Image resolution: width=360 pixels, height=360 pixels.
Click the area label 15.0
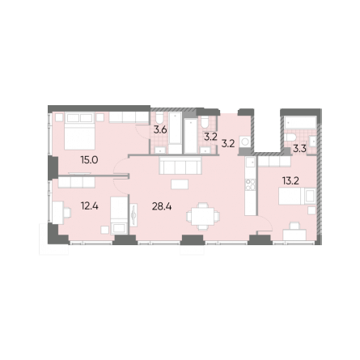(x=89, y=160)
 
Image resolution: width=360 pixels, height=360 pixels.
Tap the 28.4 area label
(x=162, y=206)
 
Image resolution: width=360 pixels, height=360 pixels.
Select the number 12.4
(x=89, y=206)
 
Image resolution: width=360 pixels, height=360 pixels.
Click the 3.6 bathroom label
(x=160, y=130)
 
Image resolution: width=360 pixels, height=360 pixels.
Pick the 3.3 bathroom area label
(x=299, y=149)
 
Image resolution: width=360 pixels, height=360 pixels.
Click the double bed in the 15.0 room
(x=79, y=131)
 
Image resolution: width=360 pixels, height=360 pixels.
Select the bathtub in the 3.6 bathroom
(x=175, y=129)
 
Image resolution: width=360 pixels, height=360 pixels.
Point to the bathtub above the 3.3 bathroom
(x=299, y=123)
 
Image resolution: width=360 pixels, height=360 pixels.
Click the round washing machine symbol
(x=245, y=142)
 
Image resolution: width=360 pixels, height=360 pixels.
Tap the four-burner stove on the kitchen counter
(x=250, y=185)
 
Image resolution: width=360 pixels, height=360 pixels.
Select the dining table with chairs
(x=203, y=216)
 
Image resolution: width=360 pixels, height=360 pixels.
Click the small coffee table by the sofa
(x=180, y=184)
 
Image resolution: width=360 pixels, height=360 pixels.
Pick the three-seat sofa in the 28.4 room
(x=180, y=165)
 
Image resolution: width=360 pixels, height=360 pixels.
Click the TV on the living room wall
(x=133, y=215)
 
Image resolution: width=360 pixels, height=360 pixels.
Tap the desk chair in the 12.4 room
(x=66, y=213)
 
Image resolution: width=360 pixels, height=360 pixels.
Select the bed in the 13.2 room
(x=297, y=196)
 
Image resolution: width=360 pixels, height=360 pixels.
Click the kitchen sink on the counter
(x=250, y=162)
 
